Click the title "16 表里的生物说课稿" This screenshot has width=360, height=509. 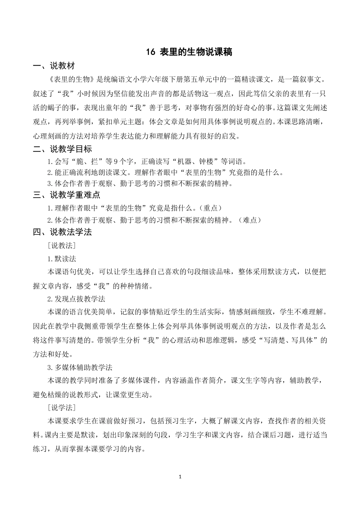click(189, 52)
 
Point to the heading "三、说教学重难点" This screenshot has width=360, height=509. click(66, 195)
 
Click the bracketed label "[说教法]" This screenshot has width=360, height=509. click(61, 246)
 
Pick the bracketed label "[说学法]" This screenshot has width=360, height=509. click(61, 408)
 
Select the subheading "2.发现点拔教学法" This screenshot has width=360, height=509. click(76, 299)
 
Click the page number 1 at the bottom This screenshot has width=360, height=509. click(180, 477)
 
